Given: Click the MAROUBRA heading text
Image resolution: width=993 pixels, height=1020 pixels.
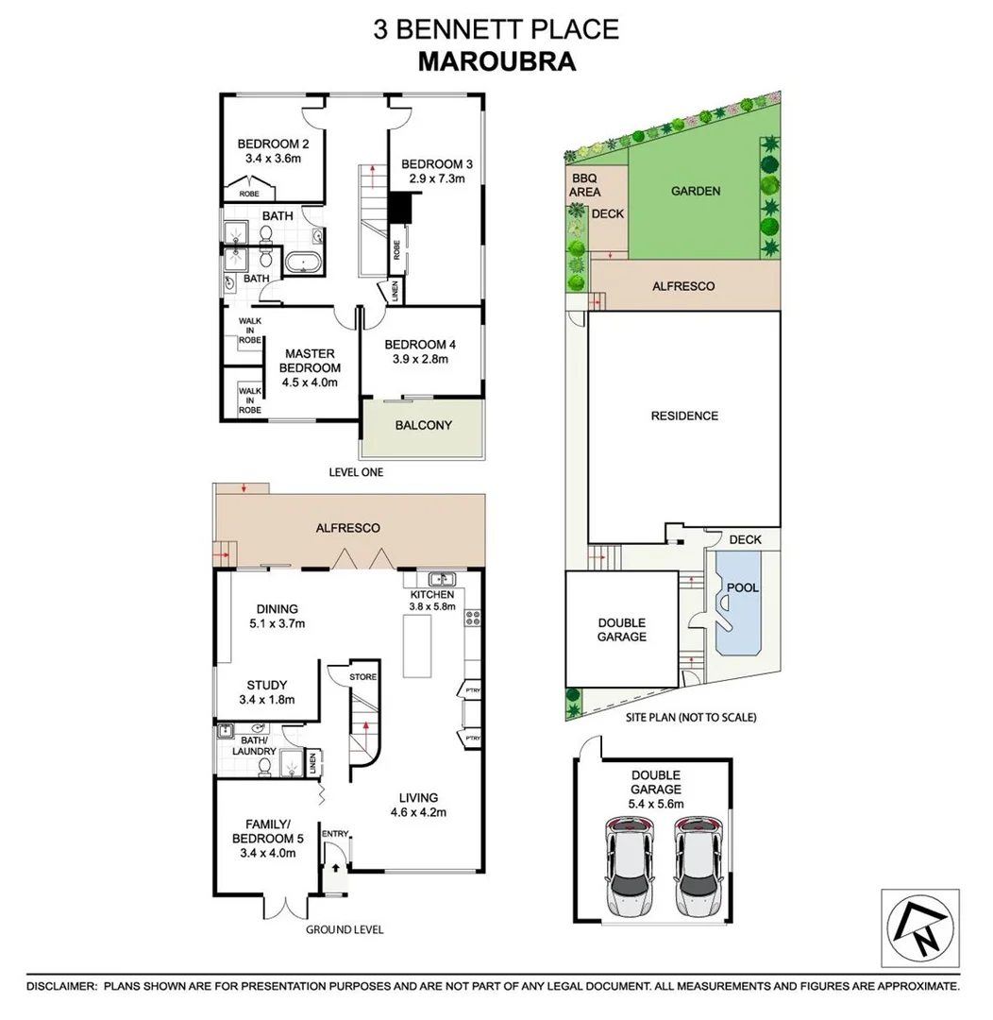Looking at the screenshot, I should [496, 60].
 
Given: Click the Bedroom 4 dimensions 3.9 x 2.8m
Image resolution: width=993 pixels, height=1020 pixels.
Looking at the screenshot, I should [420, 359].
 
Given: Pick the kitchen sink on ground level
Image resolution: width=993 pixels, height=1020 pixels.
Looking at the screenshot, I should [440, 579].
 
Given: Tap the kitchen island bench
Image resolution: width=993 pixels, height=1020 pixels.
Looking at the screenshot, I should [415, 645].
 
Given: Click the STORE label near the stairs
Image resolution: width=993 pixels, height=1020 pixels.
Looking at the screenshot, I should [362, 676].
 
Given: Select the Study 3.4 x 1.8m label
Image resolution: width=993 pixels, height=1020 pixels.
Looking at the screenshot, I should [266, 692].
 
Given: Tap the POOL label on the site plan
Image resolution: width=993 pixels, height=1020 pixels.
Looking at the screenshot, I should [743, 587].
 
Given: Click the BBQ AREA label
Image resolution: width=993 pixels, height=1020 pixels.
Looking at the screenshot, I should [584, 184].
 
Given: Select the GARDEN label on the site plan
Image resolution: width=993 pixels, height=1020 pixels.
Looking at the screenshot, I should [695, 191].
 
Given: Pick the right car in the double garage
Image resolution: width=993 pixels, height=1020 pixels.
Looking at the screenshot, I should [698, 870].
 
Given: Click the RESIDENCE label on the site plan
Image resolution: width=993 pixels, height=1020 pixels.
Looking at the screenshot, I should [684, 416].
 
